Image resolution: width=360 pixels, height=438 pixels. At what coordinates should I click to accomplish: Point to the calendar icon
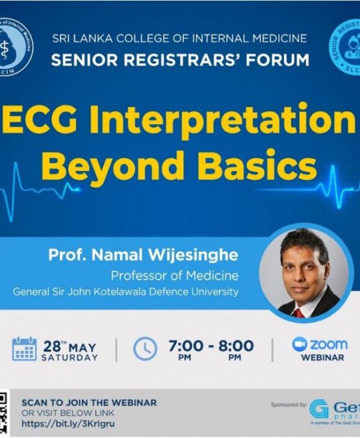(24, 349)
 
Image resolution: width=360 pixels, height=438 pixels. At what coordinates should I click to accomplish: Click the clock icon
(145, 349)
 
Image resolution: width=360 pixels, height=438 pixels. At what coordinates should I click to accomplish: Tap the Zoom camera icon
(300, 344)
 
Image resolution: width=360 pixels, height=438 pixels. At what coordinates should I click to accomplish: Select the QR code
(4, 413)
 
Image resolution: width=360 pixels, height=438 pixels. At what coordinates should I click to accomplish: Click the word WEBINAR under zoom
(322, 357)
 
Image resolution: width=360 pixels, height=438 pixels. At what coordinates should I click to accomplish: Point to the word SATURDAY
(70, 357)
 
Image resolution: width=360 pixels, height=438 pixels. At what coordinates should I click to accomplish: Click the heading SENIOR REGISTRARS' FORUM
(179, 60)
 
